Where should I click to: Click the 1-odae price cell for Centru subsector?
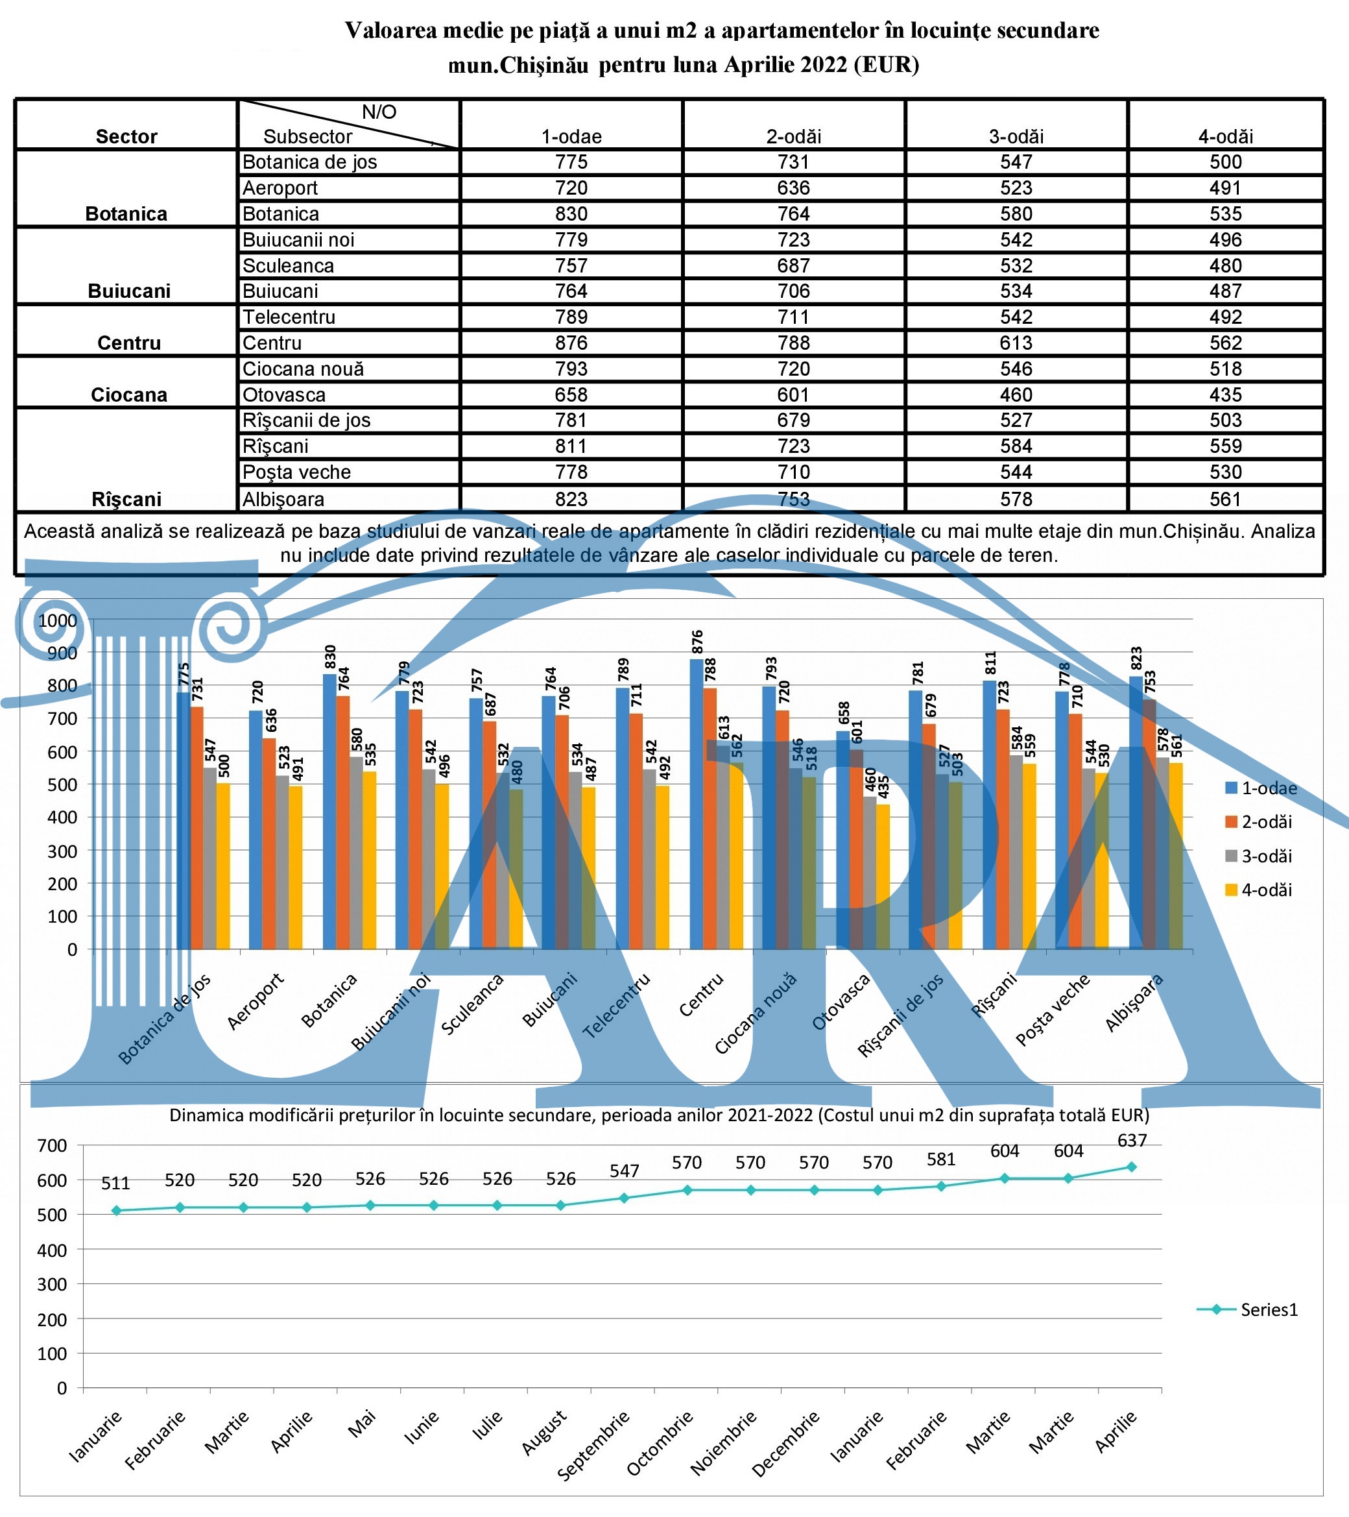point(571,343)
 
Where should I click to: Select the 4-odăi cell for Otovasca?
point(1225,395)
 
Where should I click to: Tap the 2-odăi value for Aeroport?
point(793,188)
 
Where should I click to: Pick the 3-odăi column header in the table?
point(1016,136)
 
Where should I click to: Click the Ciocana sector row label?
point(129,395)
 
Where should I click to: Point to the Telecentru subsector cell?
point(289,317)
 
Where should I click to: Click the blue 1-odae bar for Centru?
point(696,804)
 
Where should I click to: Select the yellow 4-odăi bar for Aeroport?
point(295,868)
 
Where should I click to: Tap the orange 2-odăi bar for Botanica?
point(343,822)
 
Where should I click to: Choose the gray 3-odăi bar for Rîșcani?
point(1016,852)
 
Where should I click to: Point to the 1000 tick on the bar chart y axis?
point(57,620)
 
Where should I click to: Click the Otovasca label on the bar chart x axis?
point(840,1002)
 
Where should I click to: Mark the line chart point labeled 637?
point(1132,1167)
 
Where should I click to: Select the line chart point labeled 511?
point(115,1211)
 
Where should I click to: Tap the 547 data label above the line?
point(624,1171)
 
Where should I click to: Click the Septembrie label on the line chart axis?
point(593,1445)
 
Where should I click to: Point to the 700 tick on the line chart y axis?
point(51,1146)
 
